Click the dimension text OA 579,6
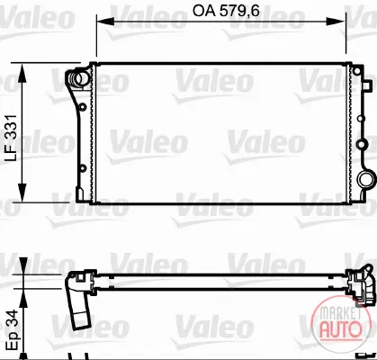(x=226, y=11)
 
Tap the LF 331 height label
(x=12, y=138)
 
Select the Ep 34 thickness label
(x=13, y=330)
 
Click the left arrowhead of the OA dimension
(x=105, y=22)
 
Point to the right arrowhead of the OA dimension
(x=337, y=22)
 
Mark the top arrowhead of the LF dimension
(x=22, y=73)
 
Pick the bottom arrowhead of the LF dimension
(x=22, y=193)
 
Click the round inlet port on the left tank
(x=79, y=78)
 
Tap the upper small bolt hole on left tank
(x=83, y=107)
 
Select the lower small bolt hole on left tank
(x=83, y=168)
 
